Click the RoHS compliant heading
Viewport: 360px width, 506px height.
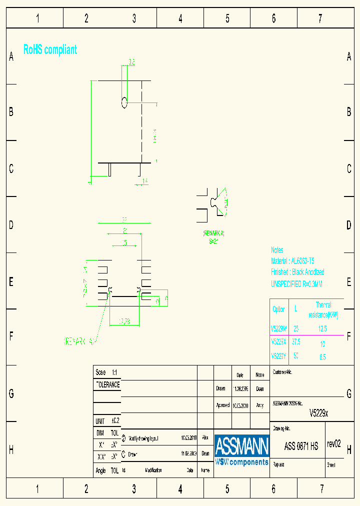(50, 49)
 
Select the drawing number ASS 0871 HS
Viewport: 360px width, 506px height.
(301, 446)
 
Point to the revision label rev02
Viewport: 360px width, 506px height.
(333, 444)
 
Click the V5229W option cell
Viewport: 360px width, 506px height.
(278, 329)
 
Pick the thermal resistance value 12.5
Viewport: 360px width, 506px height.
(322, 329)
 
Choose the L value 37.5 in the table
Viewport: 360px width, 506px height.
(296, 342)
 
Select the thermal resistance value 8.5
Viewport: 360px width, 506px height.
(322, 357)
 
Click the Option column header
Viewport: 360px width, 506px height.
(278, 309)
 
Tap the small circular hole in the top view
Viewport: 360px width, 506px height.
(124, 103)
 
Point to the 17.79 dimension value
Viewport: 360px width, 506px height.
(124, 321)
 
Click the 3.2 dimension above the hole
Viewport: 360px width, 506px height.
(131, 62)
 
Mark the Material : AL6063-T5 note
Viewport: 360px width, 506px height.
(292, 261)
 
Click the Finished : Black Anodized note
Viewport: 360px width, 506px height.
(297, 272)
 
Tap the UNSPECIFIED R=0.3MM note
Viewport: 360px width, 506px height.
(296, 283)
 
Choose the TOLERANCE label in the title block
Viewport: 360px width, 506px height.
(107, 385)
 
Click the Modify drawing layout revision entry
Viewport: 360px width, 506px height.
(143, 438)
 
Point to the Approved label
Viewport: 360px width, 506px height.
(223, 405)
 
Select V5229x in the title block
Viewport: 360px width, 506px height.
(318, 413)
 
